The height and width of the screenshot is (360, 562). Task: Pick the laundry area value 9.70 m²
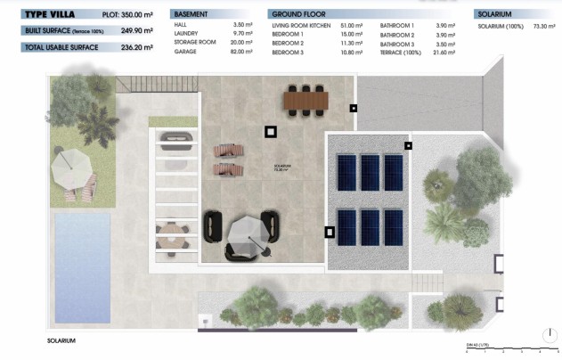243,33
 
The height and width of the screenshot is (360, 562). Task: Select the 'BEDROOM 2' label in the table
289,43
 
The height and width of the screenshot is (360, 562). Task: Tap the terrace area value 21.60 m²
443,53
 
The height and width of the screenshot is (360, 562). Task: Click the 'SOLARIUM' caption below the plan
61,340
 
